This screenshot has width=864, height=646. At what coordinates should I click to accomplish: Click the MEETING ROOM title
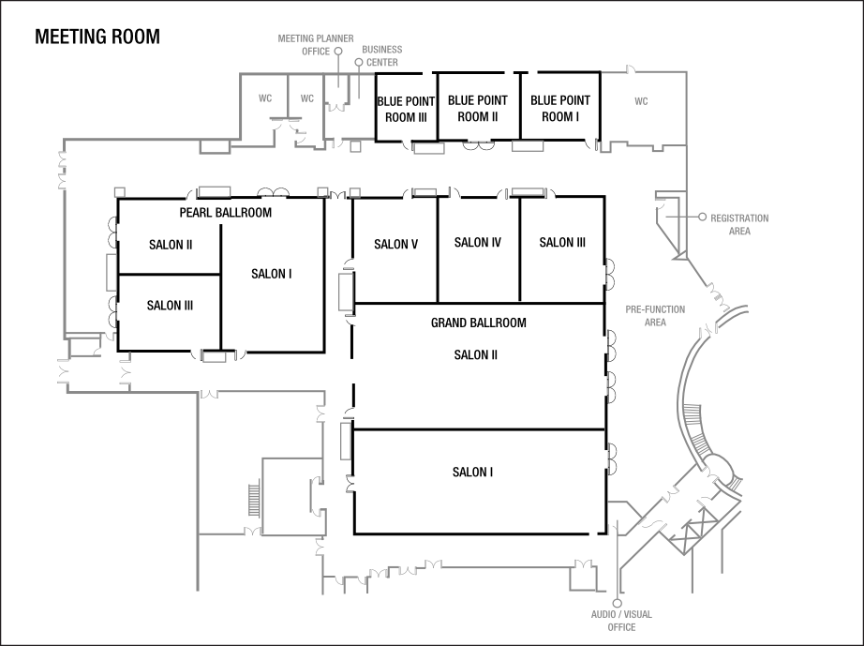click(x=97, y=38)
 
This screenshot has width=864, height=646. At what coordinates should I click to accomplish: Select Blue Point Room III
click(x=402, y=109)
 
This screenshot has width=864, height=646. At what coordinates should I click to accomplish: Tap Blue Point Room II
click(x=478, y=108)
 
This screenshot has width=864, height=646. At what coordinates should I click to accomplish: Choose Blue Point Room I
click(x=560, y=108)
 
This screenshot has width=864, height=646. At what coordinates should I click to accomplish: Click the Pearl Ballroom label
click(x=226, y=213)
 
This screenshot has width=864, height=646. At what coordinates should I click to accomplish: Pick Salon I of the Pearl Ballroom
click(x=272, y=274)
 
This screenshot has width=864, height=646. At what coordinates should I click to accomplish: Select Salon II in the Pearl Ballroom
click(x=171, y=245)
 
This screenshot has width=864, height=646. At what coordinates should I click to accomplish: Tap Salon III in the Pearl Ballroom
click(x=171, y=306)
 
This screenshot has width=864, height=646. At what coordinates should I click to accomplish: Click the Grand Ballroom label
click(x=478, y=323)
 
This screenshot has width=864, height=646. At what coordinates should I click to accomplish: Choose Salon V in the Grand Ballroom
click(x=395, y=245)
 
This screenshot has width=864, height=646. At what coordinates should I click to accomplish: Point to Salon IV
click(x=478, y=243)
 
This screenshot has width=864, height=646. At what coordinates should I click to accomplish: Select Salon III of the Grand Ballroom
click(x=562, y=243)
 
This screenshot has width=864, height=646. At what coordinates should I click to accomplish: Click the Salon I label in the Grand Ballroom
click(x=473, y=473)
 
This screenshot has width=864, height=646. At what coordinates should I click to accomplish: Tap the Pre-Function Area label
click(x=655, y=315)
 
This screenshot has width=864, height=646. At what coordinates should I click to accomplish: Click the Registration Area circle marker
click(x=702, y=218)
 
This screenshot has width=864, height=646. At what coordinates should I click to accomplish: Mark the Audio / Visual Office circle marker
click(x=617, y=603)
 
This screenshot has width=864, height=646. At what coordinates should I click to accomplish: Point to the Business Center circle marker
click(x=358, y=63)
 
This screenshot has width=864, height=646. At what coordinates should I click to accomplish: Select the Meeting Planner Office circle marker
click(x=338, y=52)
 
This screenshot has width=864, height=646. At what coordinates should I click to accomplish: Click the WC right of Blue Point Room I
click(x=641, y=100)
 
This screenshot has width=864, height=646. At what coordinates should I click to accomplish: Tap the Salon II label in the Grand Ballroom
click(x=476, y=355)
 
